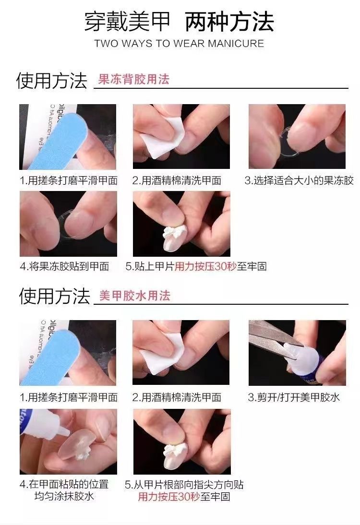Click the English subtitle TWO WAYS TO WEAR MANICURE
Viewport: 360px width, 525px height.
(179, 44)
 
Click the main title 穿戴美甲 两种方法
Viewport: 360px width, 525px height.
(179, 22)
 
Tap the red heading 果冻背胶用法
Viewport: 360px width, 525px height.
(133, 79)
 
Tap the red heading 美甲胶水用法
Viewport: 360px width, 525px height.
(134, 296)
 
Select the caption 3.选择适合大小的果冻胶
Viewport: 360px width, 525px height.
(299, 180)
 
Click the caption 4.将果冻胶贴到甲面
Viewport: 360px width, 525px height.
(65, 266)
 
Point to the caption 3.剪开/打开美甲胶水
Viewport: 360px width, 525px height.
(294, 397)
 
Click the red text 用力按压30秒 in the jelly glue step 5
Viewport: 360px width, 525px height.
(205, 266)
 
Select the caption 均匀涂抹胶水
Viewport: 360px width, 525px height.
(64, 496)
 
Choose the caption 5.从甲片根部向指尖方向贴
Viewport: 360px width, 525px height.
(184, 485)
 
